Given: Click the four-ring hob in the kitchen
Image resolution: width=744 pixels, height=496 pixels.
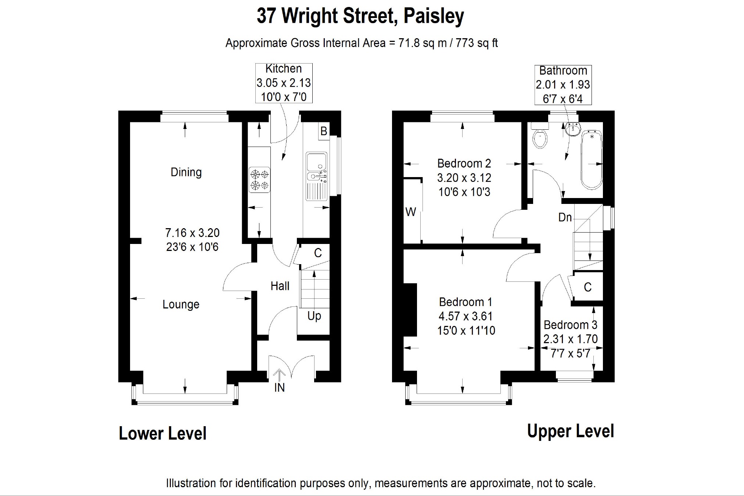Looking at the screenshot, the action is click(259, 180).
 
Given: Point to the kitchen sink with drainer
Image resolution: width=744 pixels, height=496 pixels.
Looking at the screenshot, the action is click(316, 176).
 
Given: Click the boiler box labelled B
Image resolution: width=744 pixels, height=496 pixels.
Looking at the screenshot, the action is click(323, 131).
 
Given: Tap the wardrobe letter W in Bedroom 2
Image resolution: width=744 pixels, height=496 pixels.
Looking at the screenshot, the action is click(410, 212).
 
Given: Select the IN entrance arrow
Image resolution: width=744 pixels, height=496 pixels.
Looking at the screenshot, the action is click(279, 375).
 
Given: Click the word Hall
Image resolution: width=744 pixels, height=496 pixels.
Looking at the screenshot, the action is click(280, 286).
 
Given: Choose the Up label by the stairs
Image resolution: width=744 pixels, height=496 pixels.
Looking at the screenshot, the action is click(314, 316).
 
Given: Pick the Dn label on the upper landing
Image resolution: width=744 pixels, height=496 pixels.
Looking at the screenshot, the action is click(565, 218).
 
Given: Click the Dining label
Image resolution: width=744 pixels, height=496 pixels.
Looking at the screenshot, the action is click(186, 172).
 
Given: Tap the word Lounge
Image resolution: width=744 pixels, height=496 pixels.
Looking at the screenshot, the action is click(181, 305).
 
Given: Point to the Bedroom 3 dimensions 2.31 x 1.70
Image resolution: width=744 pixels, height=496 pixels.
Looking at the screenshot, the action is click(571, 339).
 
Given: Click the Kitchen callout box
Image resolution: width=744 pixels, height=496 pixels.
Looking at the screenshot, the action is click(284, 83).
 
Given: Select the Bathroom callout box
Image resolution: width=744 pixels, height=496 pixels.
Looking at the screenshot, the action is click(563, 85).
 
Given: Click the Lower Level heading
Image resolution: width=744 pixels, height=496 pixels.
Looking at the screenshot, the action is click(163, 434).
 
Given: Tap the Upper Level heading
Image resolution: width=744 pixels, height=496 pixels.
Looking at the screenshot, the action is click(571, 431).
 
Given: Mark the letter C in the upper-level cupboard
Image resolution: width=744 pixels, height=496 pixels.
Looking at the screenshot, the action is click(588, 287).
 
